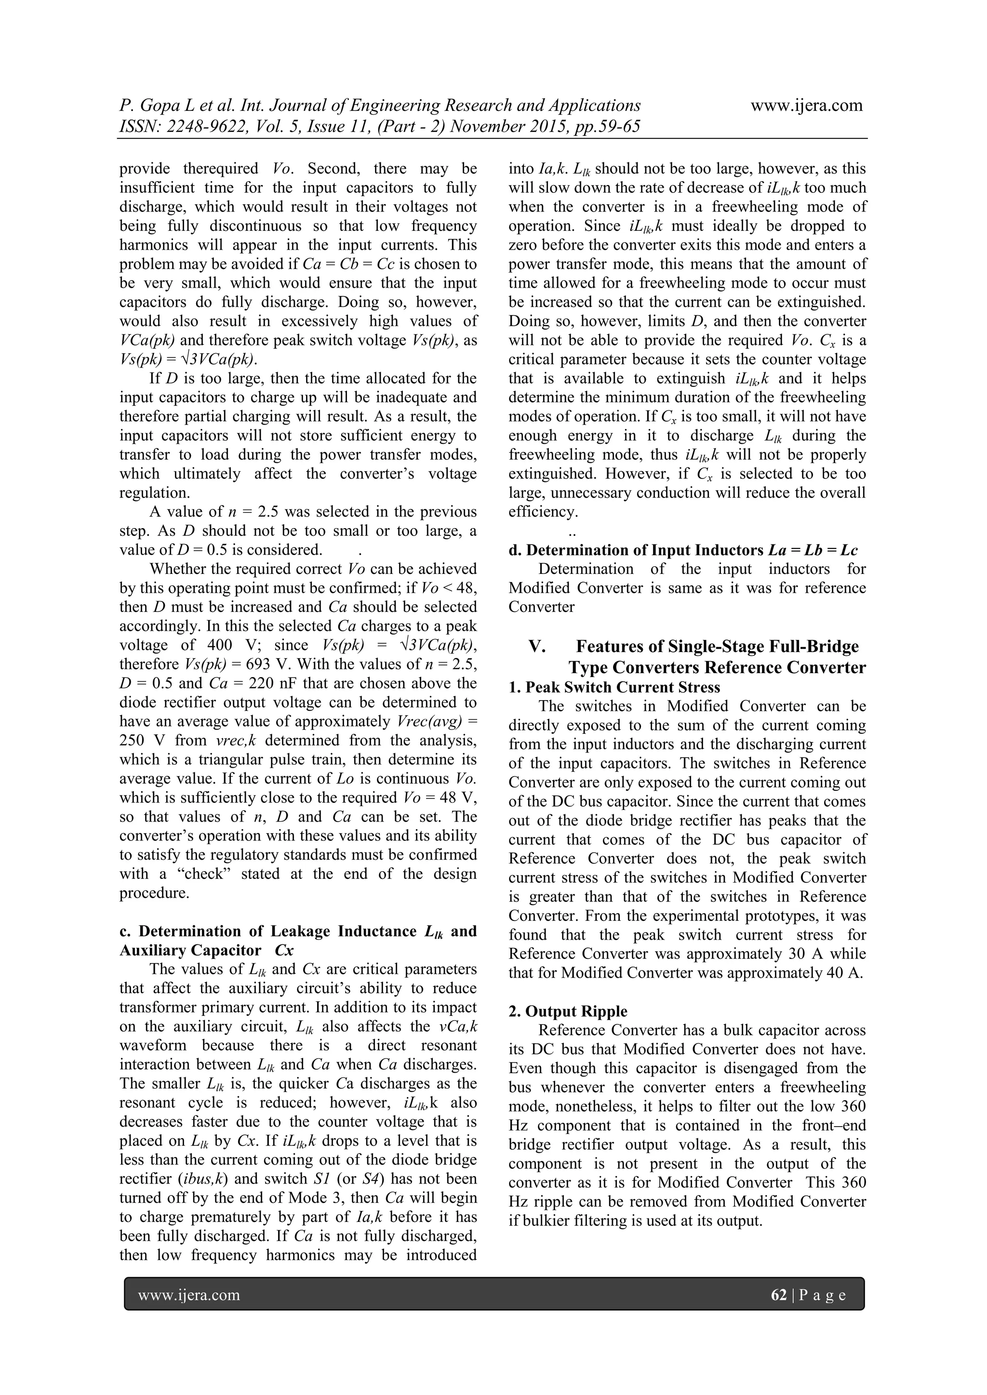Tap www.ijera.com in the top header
[x=806, y=105]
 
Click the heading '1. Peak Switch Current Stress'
[x=614, y=687]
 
